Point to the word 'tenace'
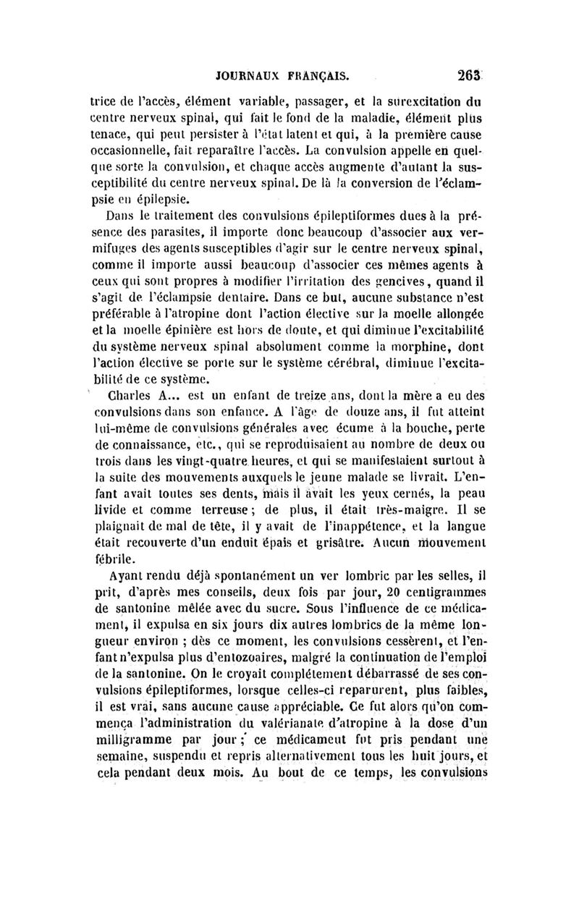click(x=106, y=135)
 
